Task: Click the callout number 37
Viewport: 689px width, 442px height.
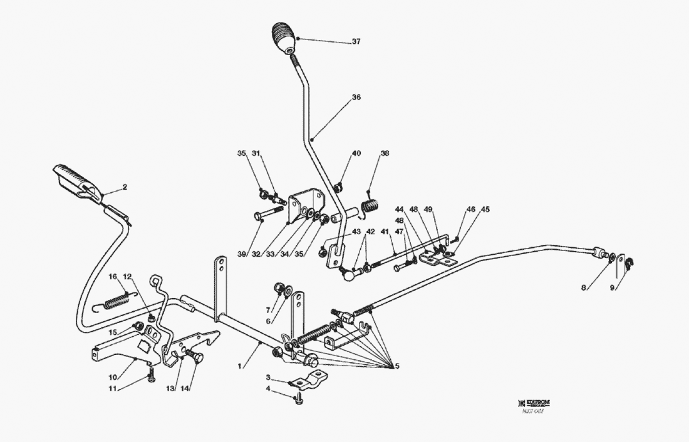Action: (x=356, y=42)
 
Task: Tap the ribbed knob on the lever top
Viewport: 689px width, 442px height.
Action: (x=284, y=38)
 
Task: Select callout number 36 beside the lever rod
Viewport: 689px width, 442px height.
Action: (x=356, y=98)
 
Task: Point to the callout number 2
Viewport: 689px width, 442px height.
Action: (x=125, y=187)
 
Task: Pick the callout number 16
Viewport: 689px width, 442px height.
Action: (x=113, y=277)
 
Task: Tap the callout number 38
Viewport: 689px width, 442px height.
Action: (x=385, y=153)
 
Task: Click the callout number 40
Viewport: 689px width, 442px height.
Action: (x=356, y=153)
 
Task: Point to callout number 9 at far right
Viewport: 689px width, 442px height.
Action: (x=613, y=289)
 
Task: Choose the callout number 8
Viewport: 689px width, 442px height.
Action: (x=584, y=289)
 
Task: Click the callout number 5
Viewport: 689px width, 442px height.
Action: (x=396, y=366)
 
